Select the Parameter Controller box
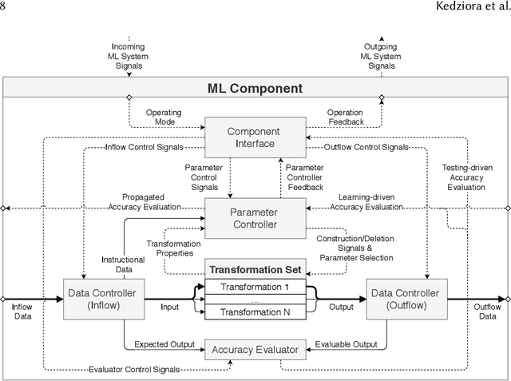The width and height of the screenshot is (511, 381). tap(255, 218)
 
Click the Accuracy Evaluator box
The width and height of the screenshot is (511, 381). tap(255, 349)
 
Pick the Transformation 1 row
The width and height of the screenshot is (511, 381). tap(255, 287)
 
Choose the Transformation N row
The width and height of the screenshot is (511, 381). tap(255, 312)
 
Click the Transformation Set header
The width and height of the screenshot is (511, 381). tap(255, 269)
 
